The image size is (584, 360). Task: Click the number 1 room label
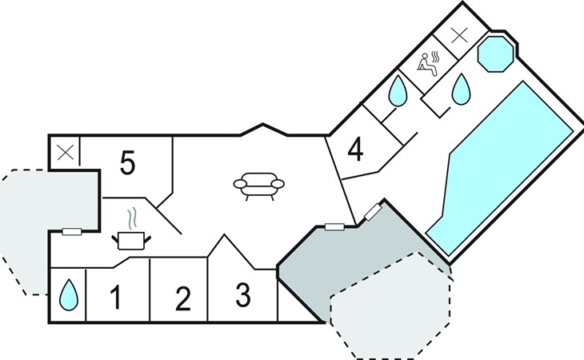coord(116,297)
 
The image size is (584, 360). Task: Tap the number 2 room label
coord(183,298)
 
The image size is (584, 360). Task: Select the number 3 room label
coord(243,295)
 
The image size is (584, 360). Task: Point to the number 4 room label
coord(355,150)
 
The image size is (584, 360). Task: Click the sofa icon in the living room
coord(259,186)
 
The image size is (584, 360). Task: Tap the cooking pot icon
coord(131,241)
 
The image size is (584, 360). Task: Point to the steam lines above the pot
coord(133,219)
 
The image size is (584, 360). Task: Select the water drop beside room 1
coord(69,295)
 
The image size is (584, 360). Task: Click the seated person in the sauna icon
coord(426,65)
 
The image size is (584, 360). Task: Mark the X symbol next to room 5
coord(66,153)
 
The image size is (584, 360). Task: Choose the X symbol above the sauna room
coord(459,35)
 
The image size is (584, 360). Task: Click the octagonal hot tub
coord(495,54)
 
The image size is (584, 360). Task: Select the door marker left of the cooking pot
coord(71,231)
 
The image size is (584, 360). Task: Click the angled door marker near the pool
coord(373,212)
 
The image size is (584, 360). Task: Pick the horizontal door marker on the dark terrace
coord(334,226)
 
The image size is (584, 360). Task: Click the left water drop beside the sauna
coord(398,91)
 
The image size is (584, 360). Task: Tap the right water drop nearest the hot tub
coord(461,90)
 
